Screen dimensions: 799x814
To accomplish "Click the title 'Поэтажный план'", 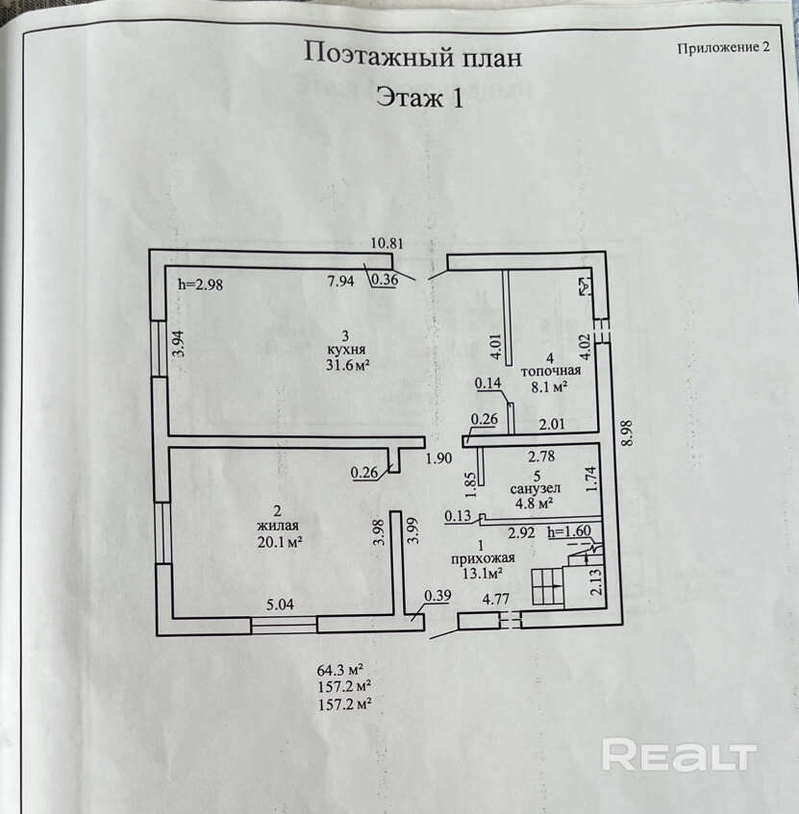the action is point(412,55).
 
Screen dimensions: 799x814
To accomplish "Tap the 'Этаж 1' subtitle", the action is point(418,98).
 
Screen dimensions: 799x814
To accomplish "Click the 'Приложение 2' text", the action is point(724,48).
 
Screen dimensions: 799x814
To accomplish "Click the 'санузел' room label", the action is point(535,488).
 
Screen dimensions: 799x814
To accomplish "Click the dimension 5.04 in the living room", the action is point(281,604).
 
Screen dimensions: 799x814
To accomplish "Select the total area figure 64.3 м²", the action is point(344,670).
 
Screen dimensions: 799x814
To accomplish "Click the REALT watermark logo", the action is point(679,755).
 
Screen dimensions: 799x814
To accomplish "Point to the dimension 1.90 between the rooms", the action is point(438,458).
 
